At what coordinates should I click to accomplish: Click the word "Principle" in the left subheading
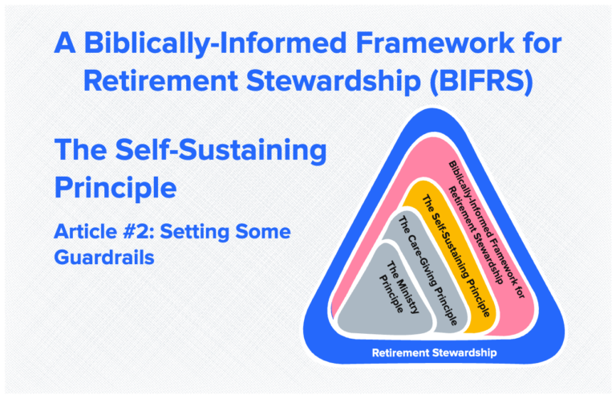click(x=115, y=186)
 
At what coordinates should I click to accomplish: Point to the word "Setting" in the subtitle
click(x=207, y=232)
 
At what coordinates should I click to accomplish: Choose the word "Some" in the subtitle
click(x=269, y=232)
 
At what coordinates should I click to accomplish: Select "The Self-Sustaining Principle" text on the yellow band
click(x=457, y=250)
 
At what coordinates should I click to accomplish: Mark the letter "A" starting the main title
click(x=65, y=43)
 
